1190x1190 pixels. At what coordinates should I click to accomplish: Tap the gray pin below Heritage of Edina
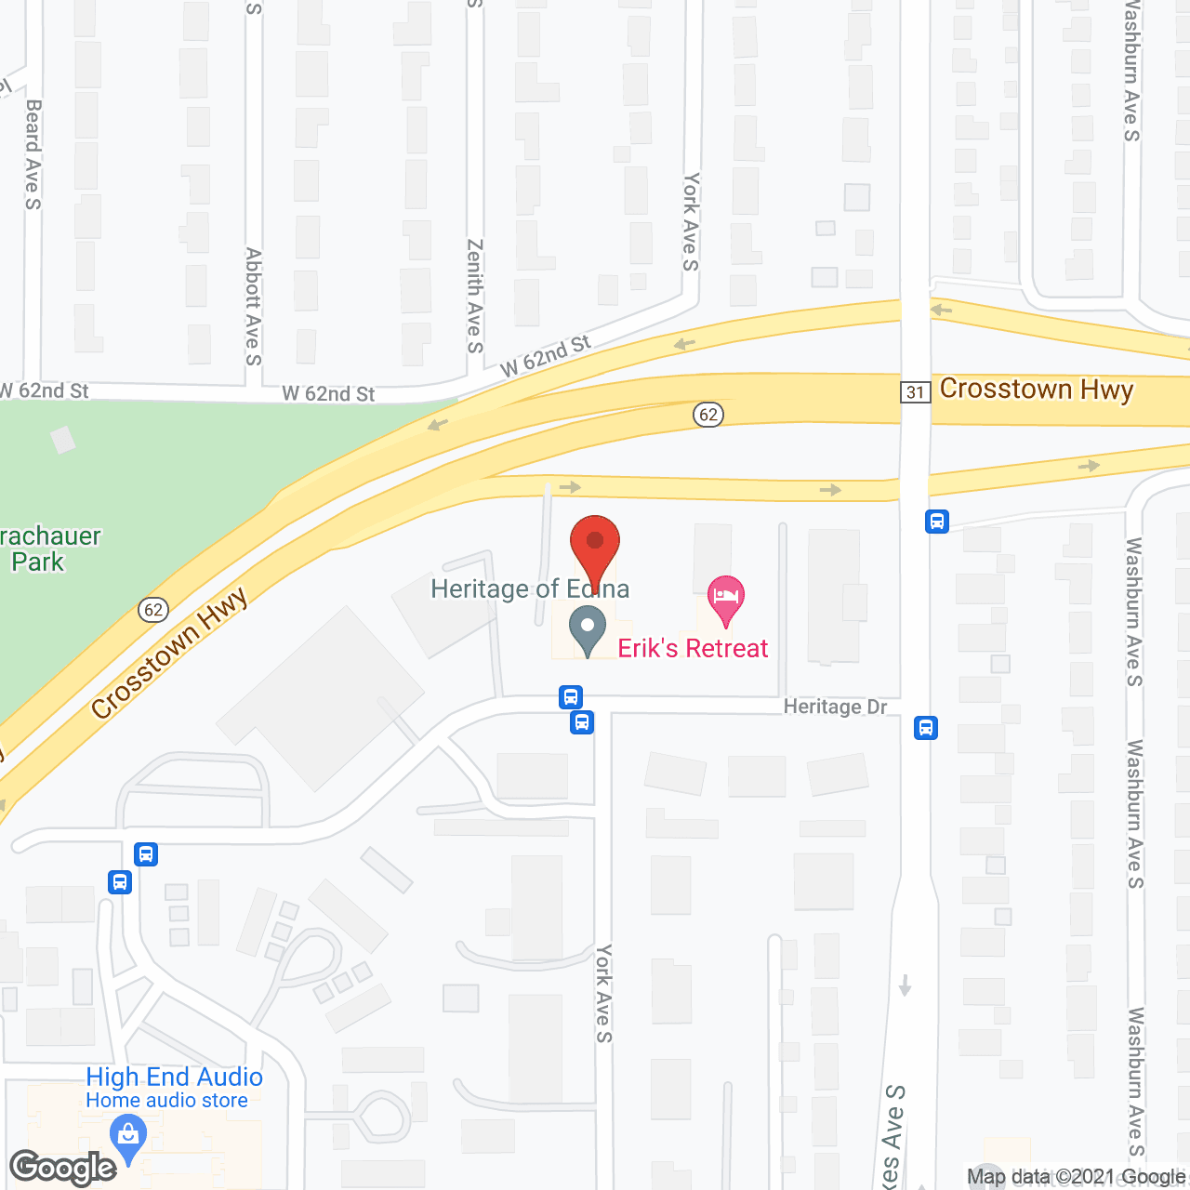(588, 629)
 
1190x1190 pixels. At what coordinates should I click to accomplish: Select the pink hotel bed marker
(726, 600)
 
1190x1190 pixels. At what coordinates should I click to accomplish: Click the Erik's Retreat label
(693, 648)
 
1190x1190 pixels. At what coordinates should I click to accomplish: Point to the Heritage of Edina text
(530, 588)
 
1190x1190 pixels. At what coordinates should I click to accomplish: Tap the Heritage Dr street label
(835, 707)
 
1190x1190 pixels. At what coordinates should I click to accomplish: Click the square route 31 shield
(916, 391)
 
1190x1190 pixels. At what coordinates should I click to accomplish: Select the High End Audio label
(174, 1077)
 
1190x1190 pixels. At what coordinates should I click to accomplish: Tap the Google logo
(63, 1168)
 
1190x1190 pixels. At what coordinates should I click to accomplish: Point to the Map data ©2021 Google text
(1076, 1177)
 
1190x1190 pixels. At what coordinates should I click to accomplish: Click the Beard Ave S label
(33, 154)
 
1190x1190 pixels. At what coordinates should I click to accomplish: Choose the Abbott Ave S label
(253, 306)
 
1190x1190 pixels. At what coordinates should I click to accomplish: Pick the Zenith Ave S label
(475, 296)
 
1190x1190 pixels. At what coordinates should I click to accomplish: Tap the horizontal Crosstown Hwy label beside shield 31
(1036, 389)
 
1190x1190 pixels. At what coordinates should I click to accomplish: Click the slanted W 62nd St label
(545, 356)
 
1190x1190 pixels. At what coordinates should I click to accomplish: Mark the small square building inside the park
(63, 439)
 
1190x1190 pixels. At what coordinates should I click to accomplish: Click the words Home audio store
(166, 1101)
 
